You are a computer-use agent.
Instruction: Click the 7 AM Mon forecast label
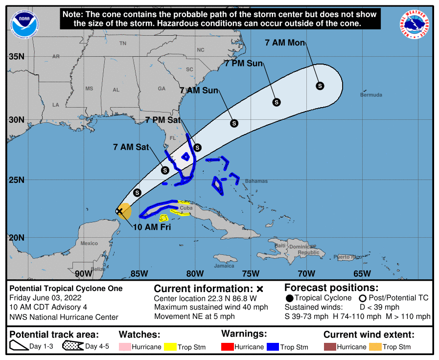(285, 43)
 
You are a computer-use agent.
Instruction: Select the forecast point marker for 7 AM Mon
(320, 86)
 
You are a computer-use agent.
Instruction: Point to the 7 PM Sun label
(244, 64)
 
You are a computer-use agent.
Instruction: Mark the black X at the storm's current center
(119, 211)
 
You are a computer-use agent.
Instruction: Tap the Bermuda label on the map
(371, 95)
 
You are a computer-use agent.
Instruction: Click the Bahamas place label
(256, 181)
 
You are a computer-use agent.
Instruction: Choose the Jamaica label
(224, 266)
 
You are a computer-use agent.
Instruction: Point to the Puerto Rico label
(347, 257)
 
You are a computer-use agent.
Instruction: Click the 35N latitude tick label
(17, 57)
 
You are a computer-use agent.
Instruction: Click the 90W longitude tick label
(83, 273)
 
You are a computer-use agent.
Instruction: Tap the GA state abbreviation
(162, 89)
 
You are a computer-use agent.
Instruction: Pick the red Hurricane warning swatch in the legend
(227, 347)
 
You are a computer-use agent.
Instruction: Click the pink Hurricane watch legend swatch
(125, 347)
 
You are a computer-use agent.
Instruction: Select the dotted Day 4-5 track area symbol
(72, 347)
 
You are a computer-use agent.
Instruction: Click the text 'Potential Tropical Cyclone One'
(66, 289)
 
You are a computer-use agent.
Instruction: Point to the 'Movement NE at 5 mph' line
(194, 316)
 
